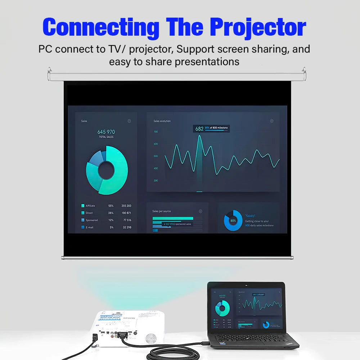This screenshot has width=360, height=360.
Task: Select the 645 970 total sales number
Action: (106, 132)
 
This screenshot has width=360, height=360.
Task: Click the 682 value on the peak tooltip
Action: (199, 129)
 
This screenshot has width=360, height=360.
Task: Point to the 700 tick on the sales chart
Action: (156, 132)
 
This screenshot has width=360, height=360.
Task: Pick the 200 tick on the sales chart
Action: (156, 180)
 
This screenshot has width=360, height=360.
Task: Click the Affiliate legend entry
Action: (90, 206)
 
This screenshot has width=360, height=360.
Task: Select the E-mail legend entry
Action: (89, 228)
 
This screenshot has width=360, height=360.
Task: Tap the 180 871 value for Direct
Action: (127, 213)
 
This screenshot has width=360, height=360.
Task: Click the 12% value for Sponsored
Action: (111, 220)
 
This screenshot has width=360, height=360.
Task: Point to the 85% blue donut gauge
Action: (233, 220)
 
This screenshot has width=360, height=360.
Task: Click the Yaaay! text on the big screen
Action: (251, 216)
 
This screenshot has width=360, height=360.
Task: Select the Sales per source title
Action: (162, 211)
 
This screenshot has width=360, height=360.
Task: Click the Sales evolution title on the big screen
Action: (162, 121)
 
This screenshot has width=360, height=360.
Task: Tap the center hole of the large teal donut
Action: (107, 170)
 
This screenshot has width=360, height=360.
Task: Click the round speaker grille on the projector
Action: (151, 337)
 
